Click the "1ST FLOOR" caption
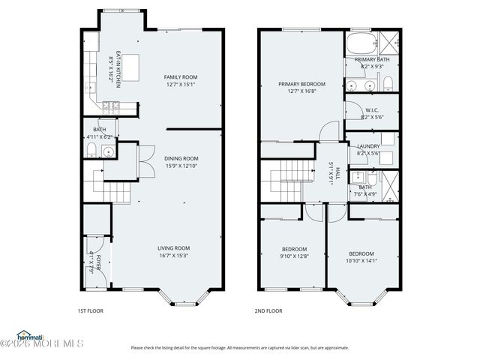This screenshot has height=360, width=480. click(90, 310)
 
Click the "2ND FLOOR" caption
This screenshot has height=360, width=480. click(268, 310)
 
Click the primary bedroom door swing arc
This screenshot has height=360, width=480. click(328, 132)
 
